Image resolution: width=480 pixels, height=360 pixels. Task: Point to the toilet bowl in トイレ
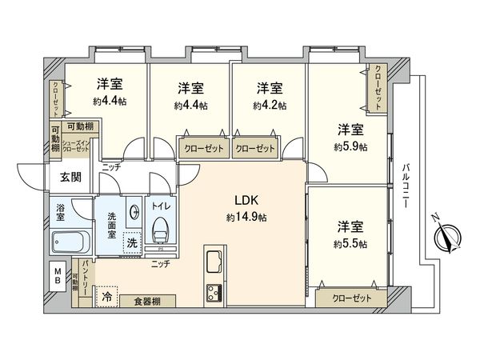(161, 230)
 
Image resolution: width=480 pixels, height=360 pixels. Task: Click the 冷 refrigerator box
(106, 296)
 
